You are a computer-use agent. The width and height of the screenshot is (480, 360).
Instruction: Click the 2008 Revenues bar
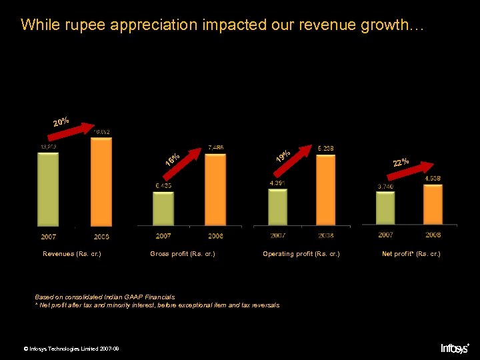tap(101, 182)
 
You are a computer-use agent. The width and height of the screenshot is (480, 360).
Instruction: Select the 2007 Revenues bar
tap(48, 190)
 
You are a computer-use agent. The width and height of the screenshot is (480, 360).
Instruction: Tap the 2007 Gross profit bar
tap(163, 209)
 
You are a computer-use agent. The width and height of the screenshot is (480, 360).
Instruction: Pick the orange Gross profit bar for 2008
tap(215, 190)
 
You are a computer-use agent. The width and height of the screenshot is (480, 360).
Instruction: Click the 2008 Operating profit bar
tap(325, 190)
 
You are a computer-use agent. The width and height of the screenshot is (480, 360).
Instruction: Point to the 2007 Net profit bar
tap(385, 208)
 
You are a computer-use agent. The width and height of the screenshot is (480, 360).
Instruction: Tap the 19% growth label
tap(283, 157)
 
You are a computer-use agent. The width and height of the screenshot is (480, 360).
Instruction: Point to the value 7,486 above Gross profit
tap(215, 147)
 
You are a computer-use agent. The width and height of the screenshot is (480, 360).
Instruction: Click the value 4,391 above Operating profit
tap(278, 183)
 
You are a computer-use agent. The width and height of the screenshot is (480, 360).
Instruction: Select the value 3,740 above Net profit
tap(385, 186)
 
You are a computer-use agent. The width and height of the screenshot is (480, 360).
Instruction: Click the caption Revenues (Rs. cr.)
tap(72, 254)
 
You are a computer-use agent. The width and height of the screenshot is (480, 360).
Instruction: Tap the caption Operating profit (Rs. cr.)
tap(301, 254)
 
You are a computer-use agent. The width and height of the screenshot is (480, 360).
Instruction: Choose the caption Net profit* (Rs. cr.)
tap(411, 254)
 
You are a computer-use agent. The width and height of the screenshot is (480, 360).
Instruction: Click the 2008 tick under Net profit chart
tap(433, 235)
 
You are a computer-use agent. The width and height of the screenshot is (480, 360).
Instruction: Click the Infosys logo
tap(455, 347)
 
